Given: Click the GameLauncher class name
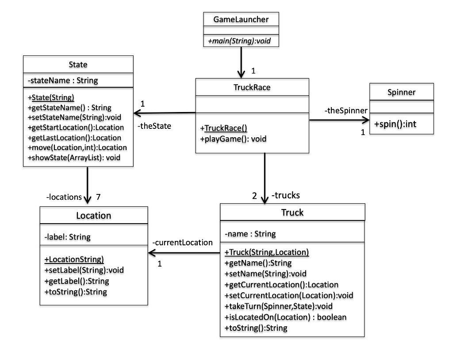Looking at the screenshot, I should point(241,19).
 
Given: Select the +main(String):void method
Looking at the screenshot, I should point(241,41).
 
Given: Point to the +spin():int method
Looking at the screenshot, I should point(395,124).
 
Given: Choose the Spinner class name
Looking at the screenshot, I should point(401,93).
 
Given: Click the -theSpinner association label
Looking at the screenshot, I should point(346,111).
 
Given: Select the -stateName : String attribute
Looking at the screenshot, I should point(62,81).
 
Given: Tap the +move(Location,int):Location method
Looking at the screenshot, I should point(77,147).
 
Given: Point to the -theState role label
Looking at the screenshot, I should point(154,126).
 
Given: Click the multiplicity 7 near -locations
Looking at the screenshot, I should point(99,197).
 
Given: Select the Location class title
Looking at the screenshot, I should point(93,216).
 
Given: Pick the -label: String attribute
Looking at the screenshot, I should point(67,237).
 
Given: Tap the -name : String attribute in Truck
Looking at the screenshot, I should point(250,233).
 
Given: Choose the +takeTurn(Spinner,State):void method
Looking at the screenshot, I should point(278,306).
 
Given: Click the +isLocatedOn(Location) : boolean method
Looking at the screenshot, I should point(285,317).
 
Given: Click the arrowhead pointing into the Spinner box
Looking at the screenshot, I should point(365,120).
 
